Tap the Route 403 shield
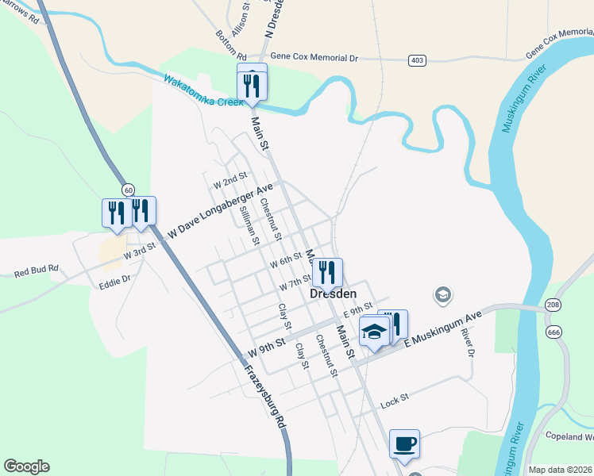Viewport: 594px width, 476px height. (417, 60)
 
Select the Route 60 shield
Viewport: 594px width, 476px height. (128, 190)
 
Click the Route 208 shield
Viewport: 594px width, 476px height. (553, 305)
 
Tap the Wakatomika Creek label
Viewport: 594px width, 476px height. (213, 92)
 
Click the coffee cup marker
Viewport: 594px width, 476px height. (404, 443)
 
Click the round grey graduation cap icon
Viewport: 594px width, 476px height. (442, 296)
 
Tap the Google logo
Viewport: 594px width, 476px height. (26, 466)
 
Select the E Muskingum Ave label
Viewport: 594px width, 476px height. (444, 328)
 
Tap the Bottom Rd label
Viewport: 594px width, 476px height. (231, 45)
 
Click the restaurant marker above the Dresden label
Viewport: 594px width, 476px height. (327, 273)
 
